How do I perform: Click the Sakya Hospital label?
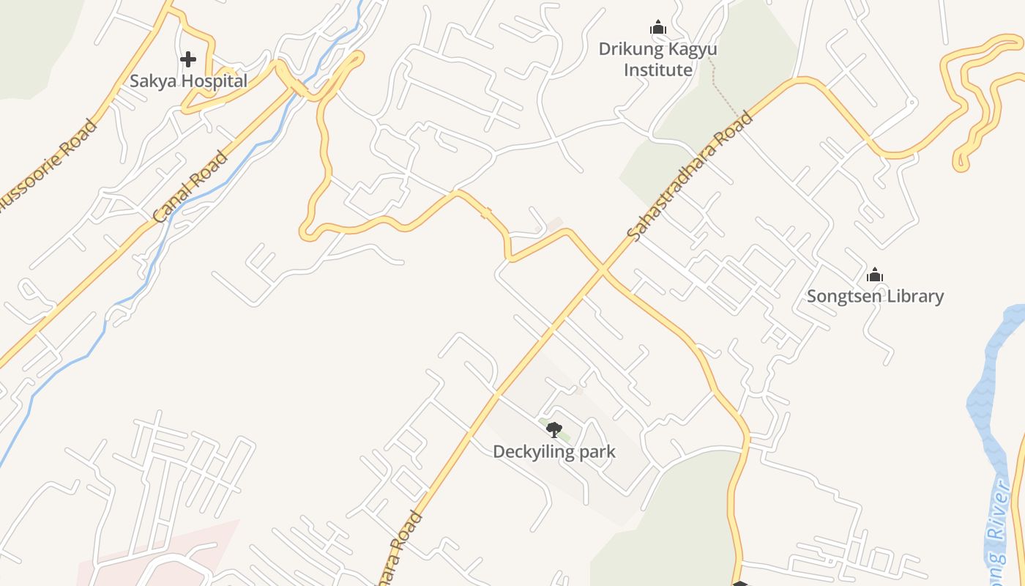point(189,81)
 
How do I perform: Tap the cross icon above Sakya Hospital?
point(188,59)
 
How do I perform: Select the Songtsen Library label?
point(875,296)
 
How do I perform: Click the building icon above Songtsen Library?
point(875,275)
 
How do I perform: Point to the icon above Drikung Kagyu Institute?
point(658,28)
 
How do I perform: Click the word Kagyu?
point(690,49)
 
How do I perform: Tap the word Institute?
point(657,70)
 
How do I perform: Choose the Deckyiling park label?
point(553,451)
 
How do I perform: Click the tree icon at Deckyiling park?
point(554,429)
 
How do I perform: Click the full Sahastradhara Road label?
point(690,176)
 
